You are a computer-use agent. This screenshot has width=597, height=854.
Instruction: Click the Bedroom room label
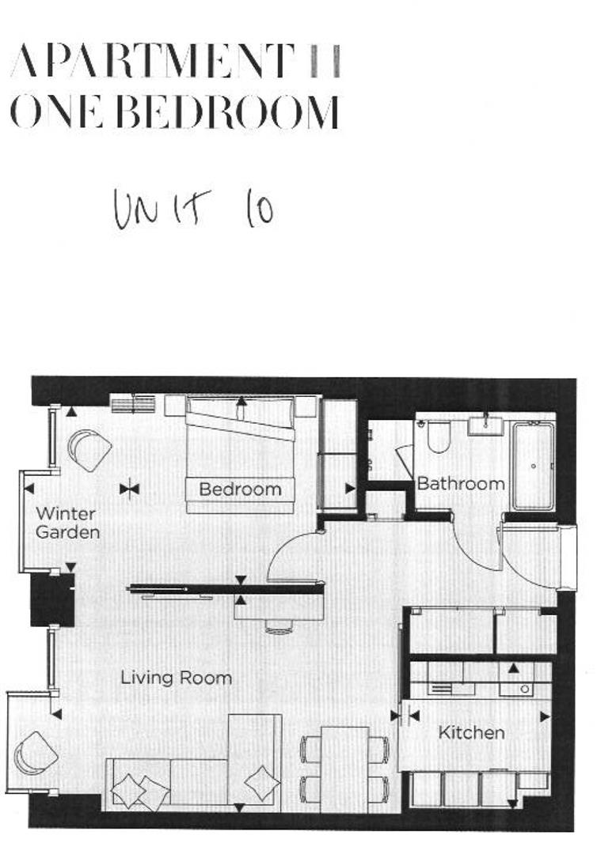(240, 489)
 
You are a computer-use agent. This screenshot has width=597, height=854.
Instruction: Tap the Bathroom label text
(460, 483)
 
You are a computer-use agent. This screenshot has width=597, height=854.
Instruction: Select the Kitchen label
(471, 733)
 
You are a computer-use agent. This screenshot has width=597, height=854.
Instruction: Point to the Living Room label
(176, 678)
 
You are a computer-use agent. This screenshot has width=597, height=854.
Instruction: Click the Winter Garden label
(67, 523)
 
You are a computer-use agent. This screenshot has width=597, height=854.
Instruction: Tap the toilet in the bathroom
(439, 436)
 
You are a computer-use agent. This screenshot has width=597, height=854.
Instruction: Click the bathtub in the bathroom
(533, 466)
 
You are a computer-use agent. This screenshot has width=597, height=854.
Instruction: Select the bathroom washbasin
(485, 425)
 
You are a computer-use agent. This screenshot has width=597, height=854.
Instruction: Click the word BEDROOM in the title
(228, 112)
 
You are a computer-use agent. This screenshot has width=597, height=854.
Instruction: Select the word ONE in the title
(55, 112)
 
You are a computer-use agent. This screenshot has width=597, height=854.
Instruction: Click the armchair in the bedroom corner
(89, 451)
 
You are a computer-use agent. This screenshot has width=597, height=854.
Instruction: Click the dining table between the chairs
(344, 767)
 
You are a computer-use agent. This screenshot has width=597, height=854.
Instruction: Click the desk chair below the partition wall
(279, 625)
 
